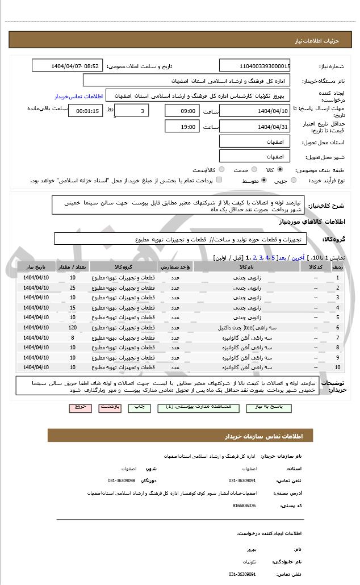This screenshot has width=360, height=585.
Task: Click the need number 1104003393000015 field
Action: click(x=255, y=66)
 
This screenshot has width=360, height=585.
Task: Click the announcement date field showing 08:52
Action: click(x=67, y=66)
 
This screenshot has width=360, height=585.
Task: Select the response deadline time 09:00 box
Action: click(x=183, y=111)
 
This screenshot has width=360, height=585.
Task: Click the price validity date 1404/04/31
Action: click(x=255, y=127)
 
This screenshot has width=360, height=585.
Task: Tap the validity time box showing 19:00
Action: click(x=183, y=127)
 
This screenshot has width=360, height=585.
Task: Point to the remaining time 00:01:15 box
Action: click(x=86, y=111)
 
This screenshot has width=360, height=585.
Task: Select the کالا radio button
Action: click(x=280, y=169)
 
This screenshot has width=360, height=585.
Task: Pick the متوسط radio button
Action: click(x=263, y=180)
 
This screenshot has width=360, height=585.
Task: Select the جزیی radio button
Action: click(x=293, y=180)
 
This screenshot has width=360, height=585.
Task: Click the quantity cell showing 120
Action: click(x=73, y=328)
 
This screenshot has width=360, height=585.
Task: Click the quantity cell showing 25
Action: click(x=73, y=287)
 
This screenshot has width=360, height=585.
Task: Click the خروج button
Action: click(x=79, y=407)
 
